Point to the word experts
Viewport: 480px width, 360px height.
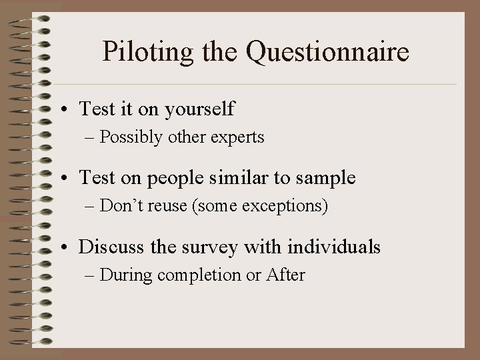point(238,138)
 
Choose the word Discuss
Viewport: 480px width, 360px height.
point(109,247)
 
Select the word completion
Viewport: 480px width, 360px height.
point(200,275)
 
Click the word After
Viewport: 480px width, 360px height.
point(285,275)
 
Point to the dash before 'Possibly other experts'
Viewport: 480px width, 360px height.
point(91,139)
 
